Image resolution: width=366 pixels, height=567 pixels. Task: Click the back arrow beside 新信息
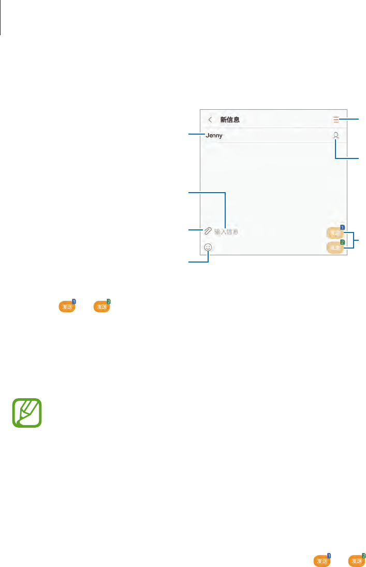point(210,120)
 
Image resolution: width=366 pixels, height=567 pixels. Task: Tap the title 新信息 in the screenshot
point(230,120)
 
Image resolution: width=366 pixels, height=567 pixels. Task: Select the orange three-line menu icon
point(336,120)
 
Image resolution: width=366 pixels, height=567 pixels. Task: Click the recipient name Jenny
point(214,136)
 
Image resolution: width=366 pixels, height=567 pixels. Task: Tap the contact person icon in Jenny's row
point(336,136)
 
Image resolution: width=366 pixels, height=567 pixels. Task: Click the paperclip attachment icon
point(208,231)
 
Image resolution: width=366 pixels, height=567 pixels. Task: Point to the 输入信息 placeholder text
point(226,232)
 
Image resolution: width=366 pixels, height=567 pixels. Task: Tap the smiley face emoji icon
point(208,248)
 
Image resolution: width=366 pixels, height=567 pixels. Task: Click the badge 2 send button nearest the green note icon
point(102,307)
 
